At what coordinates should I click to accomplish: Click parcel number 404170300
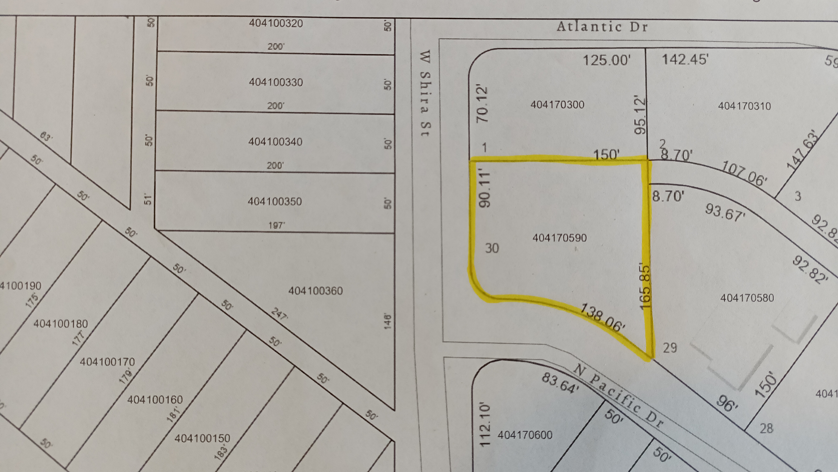click(x=557, y=105)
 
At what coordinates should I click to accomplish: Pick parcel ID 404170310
click(x=744, y=106)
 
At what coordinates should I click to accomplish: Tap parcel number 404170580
click(x=747, y=298)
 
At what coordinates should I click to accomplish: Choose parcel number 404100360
click(x=316, y=291)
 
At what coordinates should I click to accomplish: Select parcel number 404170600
click(x=525, y=435)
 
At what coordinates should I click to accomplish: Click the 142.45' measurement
click(x=685, y=60)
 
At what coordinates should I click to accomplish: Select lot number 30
click(x=492, y=248)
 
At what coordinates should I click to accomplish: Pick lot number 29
click(x=670, y=348)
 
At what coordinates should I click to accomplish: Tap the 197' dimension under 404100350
click(x=275, y=225)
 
